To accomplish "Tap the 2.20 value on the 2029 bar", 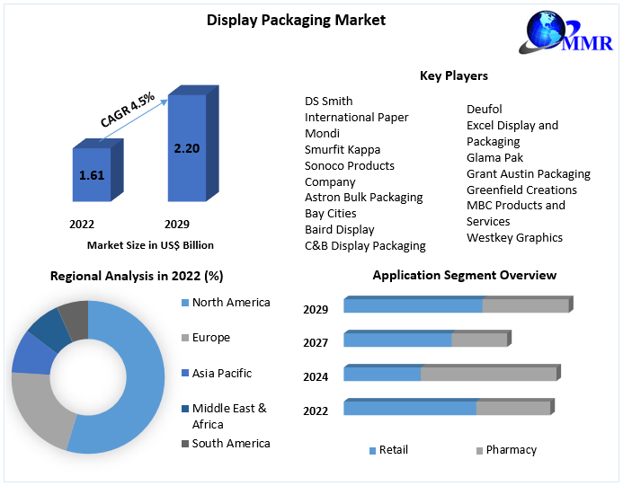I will click(186, 147).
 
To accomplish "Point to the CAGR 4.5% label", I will click(128, 107).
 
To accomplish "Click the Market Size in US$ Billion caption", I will click(150, 244).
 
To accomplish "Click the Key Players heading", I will click(454, 75).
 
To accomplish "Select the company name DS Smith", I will click(329, 102).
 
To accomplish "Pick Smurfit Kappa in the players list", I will click(343, 149).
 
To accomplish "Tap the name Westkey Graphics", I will click(514, 237).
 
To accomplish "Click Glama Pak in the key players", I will click(495, 157).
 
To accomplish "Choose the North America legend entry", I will click(230, 303).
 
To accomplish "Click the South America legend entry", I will click(230, 443).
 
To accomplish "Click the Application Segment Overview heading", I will click(464, 275).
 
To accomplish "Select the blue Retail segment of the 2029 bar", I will click(413, 306).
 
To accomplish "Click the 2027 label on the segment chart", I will click(316, 342).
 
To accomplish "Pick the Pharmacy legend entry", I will click(511, 449).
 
